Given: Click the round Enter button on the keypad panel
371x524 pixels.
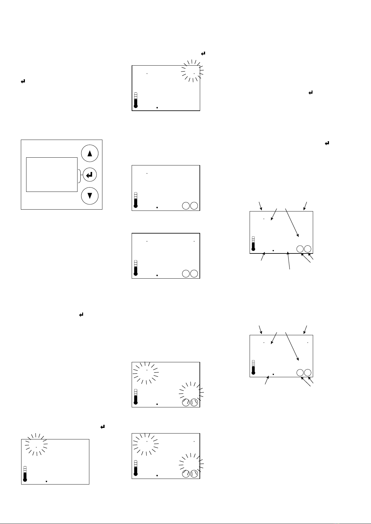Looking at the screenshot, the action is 90,175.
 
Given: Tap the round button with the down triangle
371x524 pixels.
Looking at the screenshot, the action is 90,196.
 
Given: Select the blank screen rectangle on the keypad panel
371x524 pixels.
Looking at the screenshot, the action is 52,174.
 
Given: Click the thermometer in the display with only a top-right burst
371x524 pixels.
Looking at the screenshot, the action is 135,100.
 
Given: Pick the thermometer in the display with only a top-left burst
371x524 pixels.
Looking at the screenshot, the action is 25,474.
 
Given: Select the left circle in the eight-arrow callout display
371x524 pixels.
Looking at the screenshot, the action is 300,249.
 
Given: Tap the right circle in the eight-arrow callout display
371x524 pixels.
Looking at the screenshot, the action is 308,249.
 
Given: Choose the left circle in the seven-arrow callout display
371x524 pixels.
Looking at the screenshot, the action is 300,373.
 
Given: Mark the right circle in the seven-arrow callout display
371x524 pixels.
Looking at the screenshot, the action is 308,373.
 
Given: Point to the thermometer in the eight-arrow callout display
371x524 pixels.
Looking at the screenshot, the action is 253,244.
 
